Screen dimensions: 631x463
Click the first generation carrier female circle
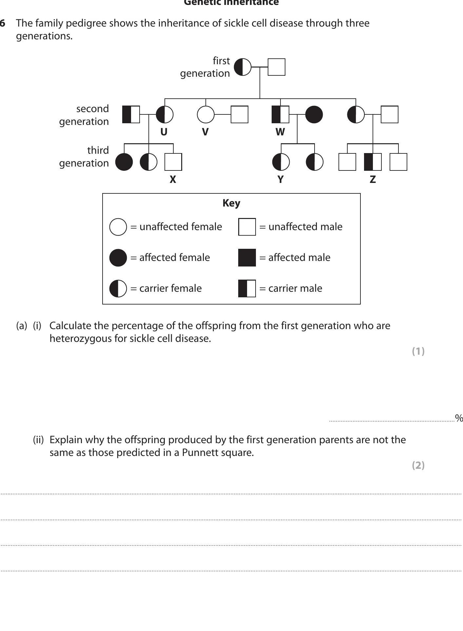pos(242,67)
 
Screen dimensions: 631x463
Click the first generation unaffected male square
pos(276,67)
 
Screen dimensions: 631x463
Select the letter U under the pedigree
pos(164,132)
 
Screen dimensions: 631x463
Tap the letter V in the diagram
pos(205,132)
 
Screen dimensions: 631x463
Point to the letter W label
pos(280,132)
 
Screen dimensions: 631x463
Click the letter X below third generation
pos(173,180)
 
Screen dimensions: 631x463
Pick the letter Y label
pos(280,180)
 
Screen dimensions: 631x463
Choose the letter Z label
pos(373,180)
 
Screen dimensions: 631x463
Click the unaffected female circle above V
pos(205,114)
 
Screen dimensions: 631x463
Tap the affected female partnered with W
pos(314,114)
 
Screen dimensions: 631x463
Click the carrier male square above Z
pos(373,162)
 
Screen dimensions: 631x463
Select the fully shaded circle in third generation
pos(124,162)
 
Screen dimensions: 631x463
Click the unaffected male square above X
pos(173,162)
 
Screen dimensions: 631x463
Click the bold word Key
pos(231,203)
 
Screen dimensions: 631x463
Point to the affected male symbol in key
pos(247,258)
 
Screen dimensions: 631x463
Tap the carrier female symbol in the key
pos(118,288)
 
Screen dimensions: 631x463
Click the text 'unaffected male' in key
pos(305,227)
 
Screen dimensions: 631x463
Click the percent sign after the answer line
pos(459,418)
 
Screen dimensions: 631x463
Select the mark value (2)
pos(418,465)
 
